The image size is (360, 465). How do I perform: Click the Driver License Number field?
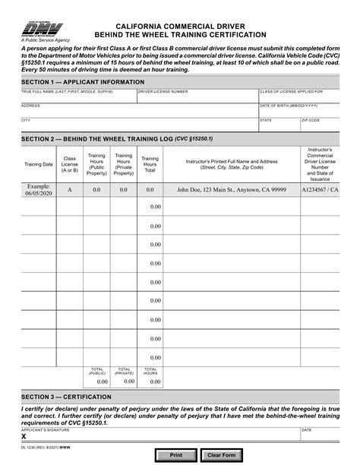[x=197, y=97]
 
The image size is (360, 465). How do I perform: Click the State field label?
[x=266, y=120]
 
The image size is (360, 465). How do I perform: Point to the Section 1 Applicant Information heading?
[x=73, y=81]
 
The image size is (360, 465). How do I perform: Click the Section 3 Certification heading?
[x=66, y=397]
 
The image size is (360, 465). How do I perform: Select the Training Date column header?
[x=39, y=164]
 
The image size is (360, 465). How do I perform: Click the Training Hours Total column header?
[x=150, y=164]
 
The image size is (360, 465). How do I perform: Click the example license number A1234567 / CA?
[x=320, y=190]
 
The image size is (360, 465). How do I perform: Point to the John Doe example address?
[x=231, y=190]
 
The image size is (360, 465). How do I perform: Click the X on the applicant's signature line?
[x=24, y=437]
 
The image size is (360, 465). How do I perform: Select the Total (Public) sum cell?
[x=97, y=381]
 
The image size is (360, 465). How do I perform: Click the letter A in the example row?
[x=70, y=190]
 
